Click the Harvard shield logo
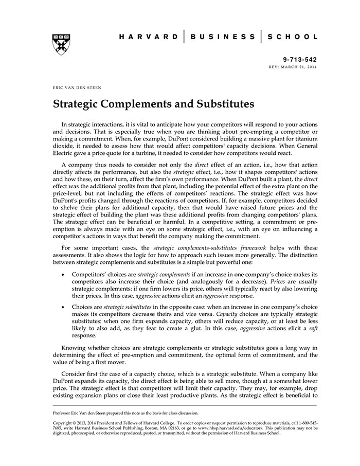[x=62, y=45]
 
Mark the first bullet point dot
[x=63, y=275]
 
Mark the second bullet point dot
[x=63, y=307]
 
